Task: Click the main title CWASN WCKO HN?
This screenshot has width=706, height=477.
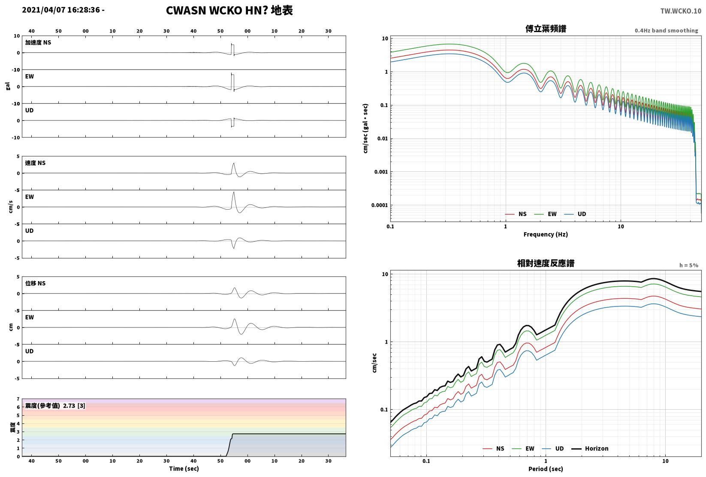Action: [217, 10]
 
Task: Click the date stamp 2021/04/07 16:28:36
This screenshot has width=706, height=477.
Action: [61, 10]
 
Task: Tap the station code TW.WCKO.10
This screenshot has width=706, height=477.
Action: [681, 11]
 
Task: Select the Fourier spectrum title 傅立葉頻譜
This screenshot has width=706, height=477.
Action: [546, 29]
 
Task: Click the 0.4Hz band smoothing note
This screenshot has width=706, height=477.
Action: [666, 30]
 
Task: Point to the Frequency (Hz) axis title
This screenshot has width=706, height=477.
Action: [546, 234]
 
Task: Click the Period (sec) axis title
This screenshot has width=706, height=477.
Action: [546, 469]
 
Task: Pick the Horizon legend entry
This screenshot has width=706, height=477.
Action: [590, 448]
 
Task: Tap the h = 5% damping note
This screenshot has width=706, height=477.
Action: [689, 265]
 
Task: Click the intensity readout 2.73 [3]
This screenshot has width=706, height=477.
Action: [74, 405]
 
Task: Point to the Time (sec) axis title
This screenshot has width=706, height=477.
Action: [184, 468]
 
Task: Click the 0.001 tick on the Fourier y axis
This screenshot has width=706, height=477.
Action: [381, 172]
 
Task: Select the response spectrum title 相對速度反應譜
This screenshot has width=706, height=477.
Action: [546, 263]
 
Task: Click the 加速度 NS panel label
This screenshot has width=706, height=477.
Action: [38, 42]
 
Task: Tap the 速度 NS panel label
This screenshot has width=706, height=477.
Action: [35, 163]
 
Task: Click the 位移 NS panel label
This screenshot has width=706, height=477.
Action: [35, 283]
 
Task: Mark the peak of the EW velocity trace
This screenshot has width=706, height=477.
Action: [234, 192]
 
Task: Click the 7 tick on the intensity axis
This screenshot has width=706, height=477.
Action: [18, 399]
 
